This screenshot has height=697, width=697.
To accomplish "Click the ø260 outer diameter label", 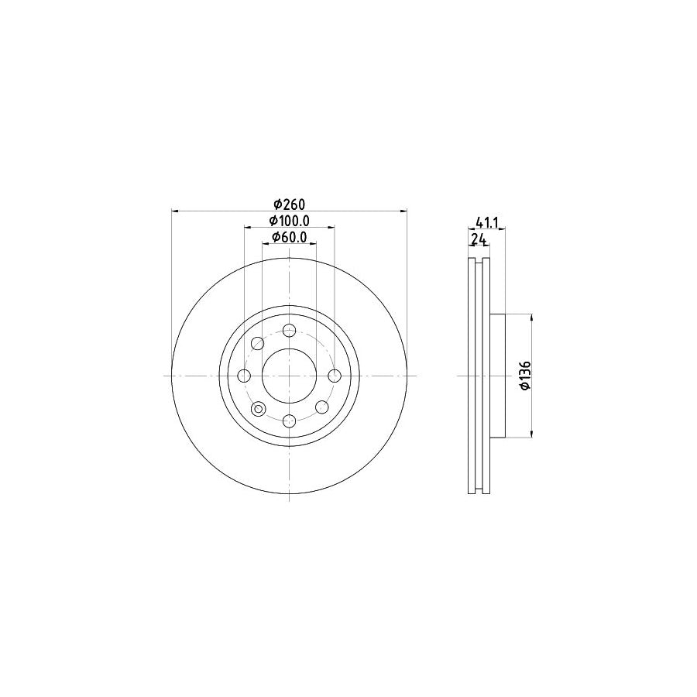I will coord(289,204).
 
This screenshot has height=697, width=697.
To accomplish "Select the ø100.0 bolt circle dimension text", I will coord(289,221).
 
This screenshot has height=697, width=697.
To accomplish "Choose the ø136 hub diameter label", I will coord(524,376).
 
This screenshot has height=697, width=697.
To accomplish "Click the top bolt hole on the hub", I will coord(289,331).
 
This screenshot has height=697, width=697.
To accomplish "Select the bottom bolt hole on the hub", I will coord(289,421).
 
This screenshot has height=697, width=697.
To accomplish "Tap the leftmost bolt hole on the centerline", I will coord(244,376).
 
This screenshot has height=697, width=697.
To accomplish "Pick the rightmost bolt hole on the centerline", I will coord(334,376).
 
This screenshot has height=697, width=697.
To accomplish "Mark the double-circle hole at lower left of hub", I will coord(258,408).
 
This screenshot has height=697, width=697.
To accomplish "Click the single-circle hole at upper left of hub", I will coord(257,343).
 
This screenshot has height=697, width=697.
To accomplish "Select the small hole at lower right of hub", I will coord(320,407).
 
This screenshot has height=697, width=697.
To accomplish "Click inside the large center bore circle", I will coord(289,376).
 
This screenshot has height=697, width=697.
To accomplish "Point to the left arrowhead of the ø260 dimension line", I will coord(174,210).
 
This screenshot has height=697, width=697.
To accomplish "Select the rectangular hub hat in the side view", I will coord(497,376).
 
